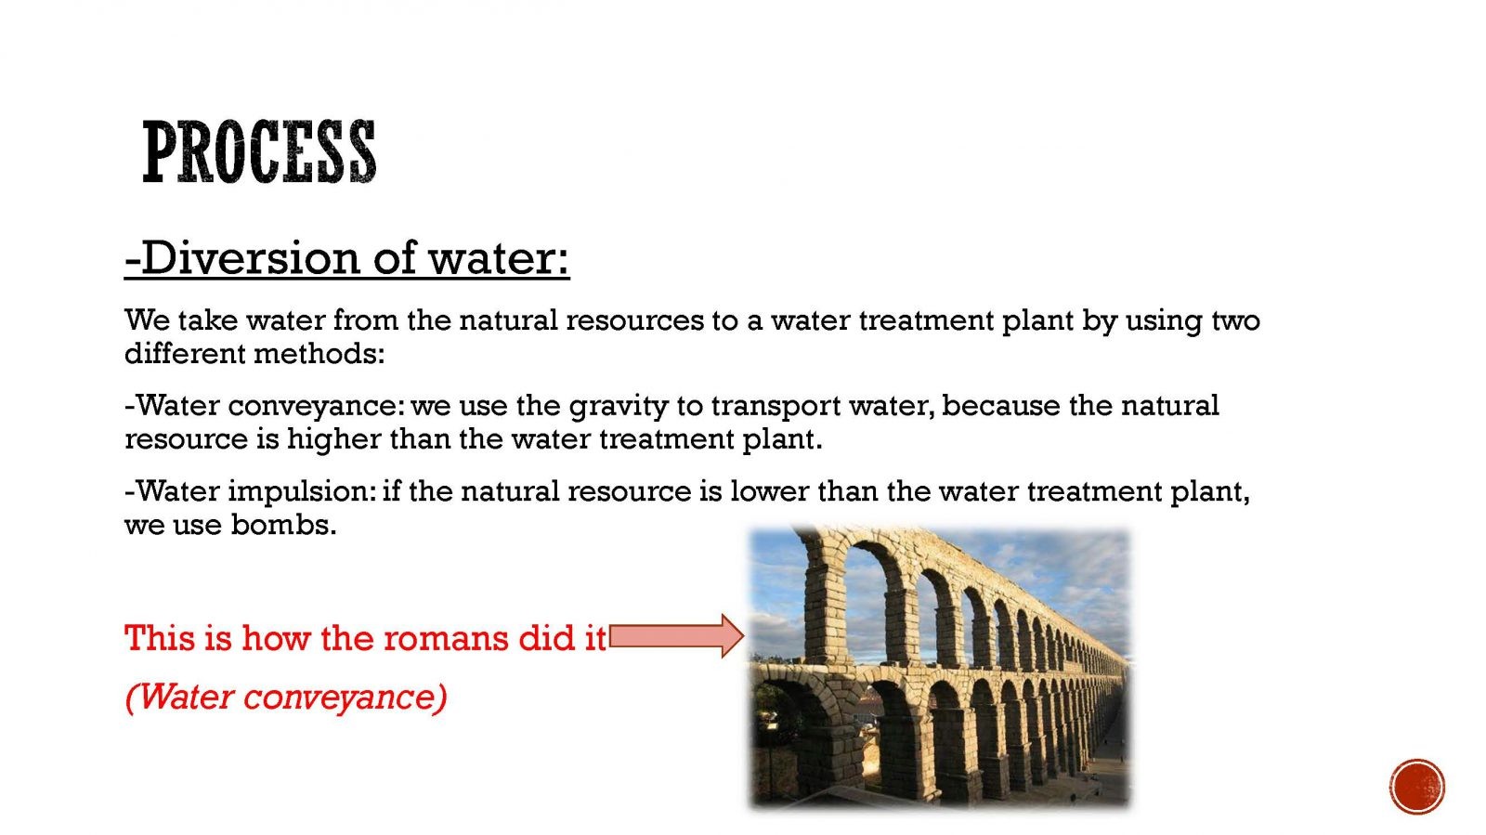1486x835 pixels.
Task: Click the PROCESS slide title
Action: (259, 152)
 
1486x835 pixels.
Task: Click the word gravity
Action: (619, 407)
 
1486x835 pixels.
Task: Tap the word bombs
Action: (283, 525)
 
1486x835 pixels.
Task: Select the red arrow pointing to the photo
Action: (677, 636)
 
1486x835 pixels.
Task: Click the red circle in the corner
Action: (1417, 788)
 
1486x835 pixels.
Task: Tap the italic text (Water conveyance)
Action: (286, 697)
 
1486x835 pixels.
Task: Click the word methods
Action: (319, 354)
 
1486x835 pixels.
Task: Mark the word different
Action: (185, 354)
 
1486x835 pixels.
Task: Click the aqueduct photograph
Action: (939, 667)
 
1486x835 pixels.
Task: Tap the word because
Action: (1000, 406)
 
